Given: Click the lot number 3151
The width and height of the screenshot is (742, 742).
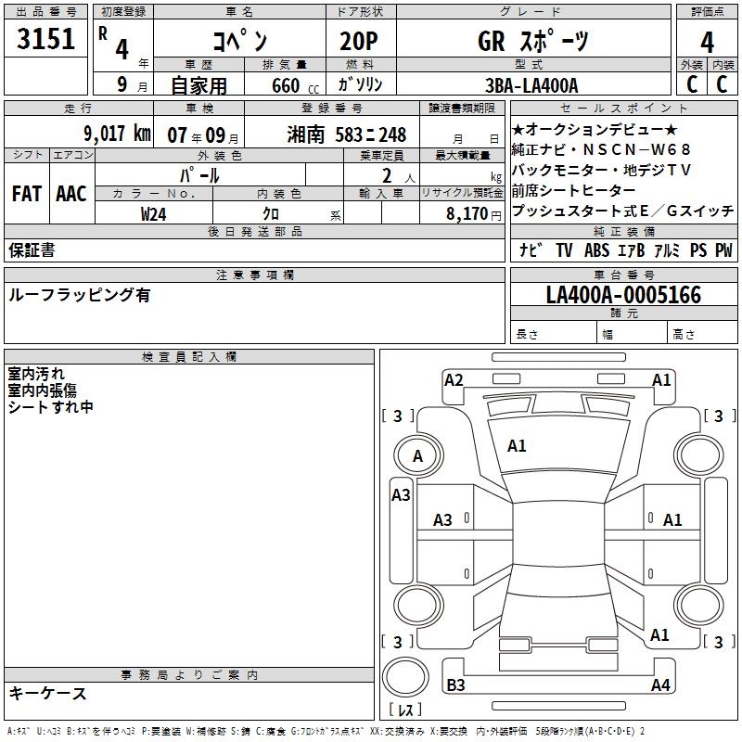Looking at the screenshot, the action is (x=45, y=39).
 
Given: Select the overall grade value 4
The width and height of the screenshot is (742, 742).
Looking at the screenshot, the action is (x=707, y=43).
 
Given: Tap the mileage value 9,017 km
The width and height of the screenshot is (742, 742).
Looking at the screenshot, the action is (x=118, y=134).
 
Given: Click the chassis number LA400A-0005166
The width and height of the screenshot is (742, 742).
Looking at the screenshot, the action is (x=623, y=295).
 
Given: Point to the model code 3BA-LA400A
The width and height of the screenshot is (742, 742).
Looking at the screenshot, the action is (x=531, y=85).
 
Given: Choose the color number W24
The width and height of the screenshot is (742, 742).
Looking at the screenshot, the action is (x=153, y=214).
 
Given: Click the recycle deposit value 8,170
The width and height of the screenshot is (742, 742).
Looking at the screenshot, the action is (x=467, y=214).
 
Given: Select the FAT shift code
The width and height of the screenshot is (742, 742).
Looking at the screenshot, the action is (x=27, y=194).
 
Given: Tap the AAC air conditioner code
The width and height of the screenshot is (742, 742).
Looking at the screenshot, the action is (x=71, y=194).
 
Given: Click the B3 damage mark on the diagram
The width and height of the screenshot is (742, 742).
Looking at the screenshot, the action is (x=455, y=684).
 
